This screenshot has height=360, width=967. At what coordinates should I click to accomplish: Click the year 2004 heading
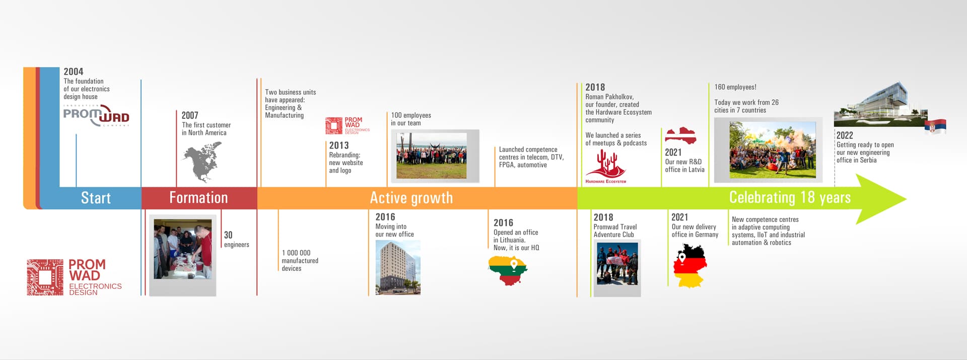click(74, 71)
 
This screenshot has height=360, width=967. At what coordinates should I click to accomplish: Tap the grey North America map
click(203, 162)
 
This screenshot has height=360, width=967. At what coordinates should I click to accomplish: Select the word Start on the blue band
click(96, 198)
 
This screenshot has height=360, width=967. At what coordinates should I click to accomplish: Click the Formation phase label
click(198, 197)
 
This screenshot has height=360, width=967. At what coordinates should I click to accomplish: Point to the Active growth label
click(411, 198)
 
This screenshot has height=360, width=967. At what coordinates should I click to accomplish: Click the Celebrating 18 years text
click(790, 197)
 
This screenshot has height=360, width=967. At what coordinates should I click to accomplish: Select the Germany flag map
click(690, 266)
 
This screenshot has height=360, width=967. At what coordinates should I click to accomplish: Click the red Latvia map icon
click(680, 136)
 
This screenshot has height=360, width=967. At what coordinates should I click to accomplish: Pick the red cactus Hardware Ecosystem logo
click(606, 166)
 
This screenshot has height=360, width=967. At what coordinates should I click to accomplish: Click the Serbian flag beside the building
click(935, 126)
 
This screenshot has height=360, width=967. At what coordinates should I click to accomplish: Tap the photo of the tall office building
click(398, 267)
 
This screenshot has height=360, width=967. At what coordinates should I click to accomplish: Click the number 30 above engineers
click(228, 235)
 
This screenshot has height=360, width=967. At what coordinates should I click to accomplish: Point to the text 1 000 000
click(296, 253)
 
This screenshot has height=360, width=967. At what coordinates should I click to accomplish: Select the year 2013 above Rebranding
click(339, 146)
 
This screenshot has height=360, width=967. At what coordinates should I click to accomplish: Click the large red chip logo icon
click(45, 277)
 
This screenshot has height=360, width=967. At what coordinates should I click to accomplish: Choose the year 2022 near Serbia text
click(845, 135)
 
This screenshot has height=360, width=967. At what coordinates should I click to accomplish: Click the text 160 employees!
click(735, 87)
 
